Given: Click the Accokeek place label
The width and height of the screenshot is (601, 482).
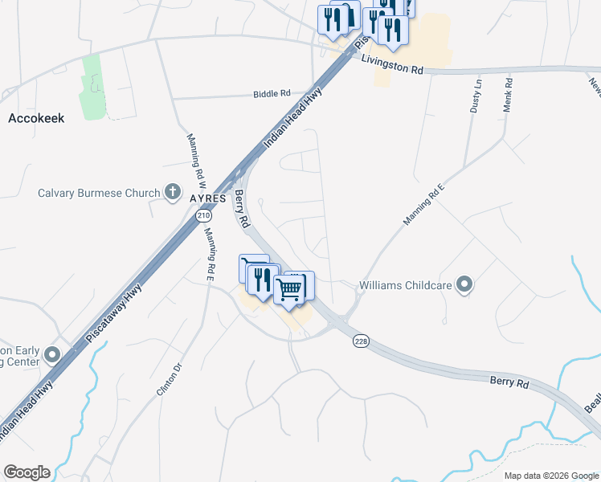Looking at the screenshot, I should [36, 117].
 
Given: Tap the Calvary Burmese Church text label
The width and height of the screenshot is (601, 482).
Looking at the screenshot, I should [100, 193].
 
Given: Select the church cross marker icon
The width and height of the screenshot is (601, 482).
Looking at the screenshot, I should [172, 192].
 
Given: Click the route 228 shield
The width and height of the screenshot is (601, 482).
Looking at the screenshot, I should [361, 341].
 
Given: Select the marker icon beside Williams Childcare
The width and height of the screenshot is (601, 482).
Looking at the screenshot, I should [464, 284].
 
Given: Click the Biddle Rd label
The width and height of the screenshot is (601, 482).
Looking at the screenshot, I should [272, 94].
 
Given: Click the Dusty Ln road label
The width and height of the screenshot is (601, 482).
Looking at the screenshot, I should [476, 95].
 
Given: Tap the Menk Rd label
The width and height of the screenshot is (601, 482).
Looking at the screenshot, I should [508, 95].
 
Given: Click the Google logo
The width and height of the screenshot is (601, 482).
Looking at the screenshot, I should [27, 472].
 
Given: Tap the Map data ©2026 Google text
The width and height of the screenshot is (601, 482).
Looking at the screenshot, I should [550, 476].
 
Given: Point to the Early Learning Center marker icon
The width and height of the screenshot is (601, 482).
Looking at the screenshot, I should [53, 354].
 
